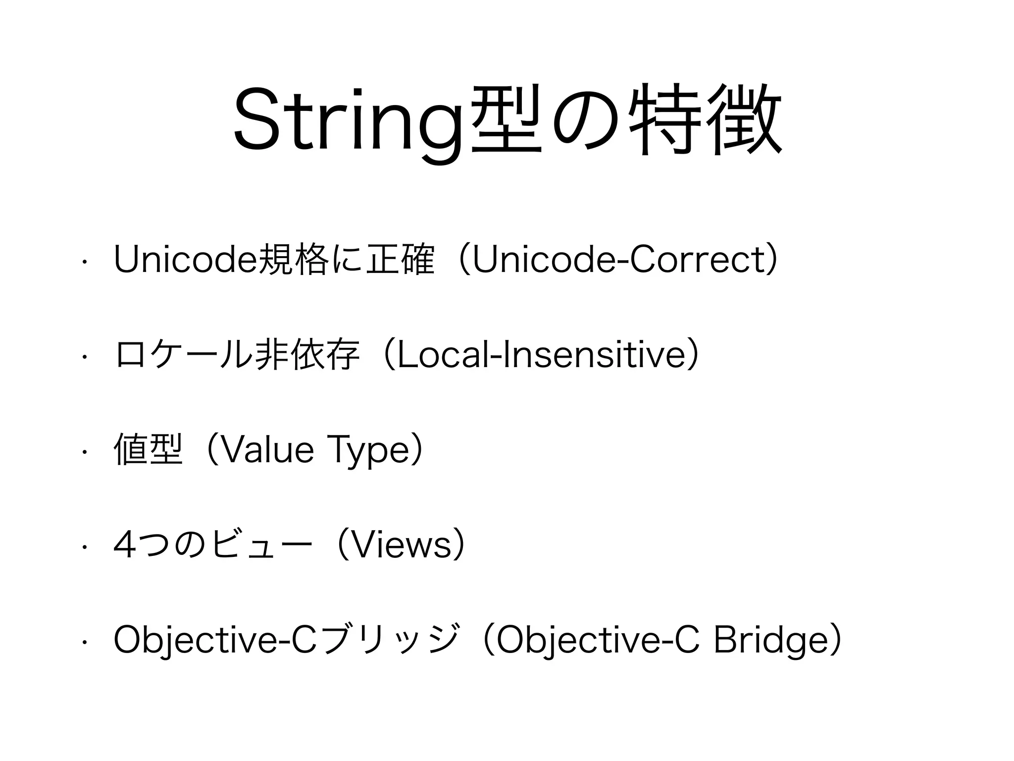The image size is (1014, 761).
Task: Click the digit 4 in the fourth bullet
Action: pos(124,545)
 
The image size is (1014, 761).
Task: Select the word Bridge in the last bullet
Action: pos(770,641)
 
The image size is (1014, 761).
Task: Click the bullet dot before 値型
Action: pos(85,451)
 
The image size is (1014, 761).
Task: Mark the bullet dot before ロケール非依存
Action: pos(85,356)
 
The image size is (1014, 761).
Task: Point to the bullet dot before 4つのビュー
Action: pos(85,546)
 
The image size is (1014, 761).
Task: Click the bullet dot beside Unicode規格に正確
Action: pos(85,261)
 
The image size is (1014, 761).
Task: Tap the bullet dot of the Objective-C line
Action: pos(85,642)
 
